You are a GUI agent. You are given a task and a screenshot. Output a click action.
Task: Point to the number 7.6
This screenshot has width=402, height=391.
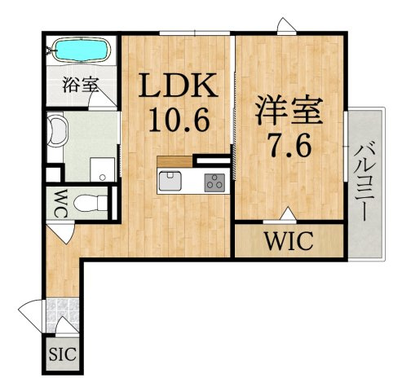(x=289, y=147)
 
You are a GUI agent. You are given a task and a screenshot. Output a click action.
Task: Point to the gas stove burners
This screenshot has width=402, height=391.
(x=215, y=181)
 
